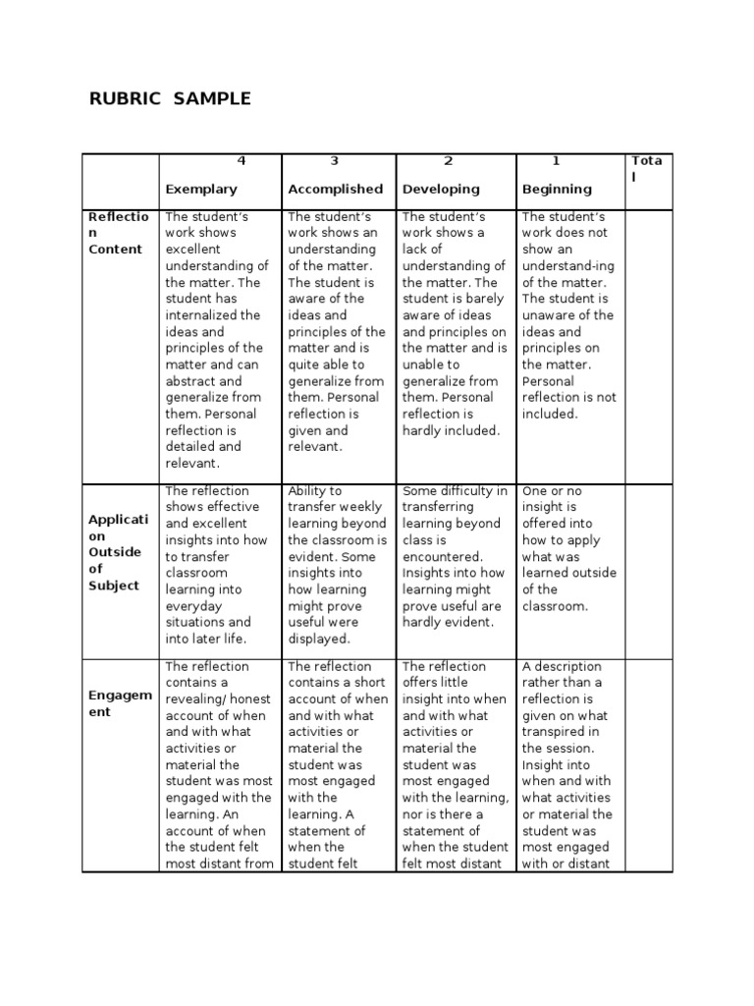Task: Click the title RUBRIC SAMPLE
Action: tap(170, 98)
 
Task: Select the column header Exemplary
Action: tap(201, 189)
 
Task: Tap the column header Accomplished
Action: tap(335, 189)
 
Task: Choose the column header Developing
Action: tap(441, 189)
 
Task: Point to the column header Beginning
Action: tap(557, 189)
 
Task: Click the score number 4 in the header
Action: tap(242, 161)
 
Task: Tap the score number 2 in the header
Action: tap(448, 161)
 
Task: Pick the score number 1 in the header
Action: tap(556, 161)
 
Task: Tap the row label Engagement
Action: tap(119, 703)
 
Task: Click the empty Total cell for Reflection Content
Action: tap(648, 344)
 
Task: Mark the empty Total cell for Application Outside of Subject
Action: tap(648, 571)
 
